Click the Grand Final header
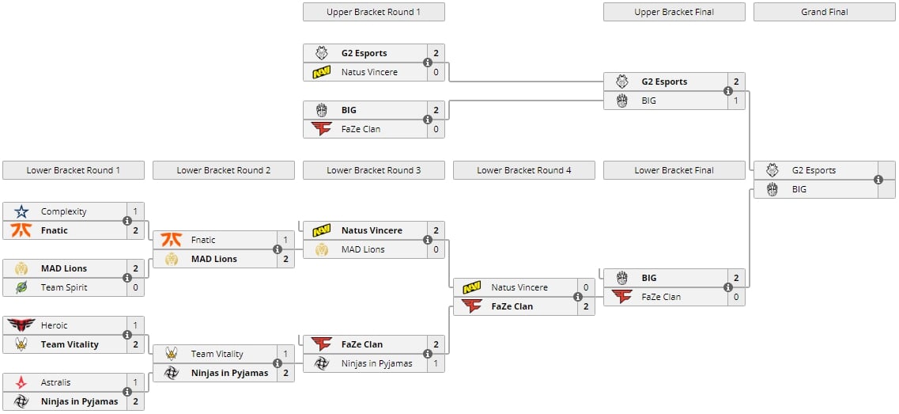pos(824,12)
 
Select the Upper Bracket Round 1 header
pos(373,12)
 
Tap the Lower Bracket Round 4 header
pos(523,170)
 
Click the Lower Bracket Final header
pos(674,170)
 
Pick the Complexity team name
pos(63,211)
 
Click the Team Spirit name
pos(64,287)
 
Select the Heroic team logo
pos(21,325)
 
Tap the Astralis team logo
pos(21,382)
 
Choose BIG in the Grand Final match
pos(799,189)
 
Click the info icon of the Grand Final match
pos(878,180)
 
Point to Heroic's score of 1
pos(135,325)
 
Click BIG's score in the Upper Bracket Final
pos(736,101)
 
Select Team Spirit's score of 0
pos(135,287)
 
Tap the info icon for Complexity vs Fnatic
pos(127,221)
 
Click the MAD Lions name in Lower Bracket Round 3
pos(363,249)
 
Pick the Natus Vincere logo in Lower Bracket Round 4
pos(472,287)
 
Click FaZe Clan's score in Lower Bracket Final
pos(736,297)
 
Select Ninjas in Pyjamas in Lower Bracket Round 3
pos(376,363)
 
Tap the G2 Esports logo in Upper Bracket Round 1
pos(322,53)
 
